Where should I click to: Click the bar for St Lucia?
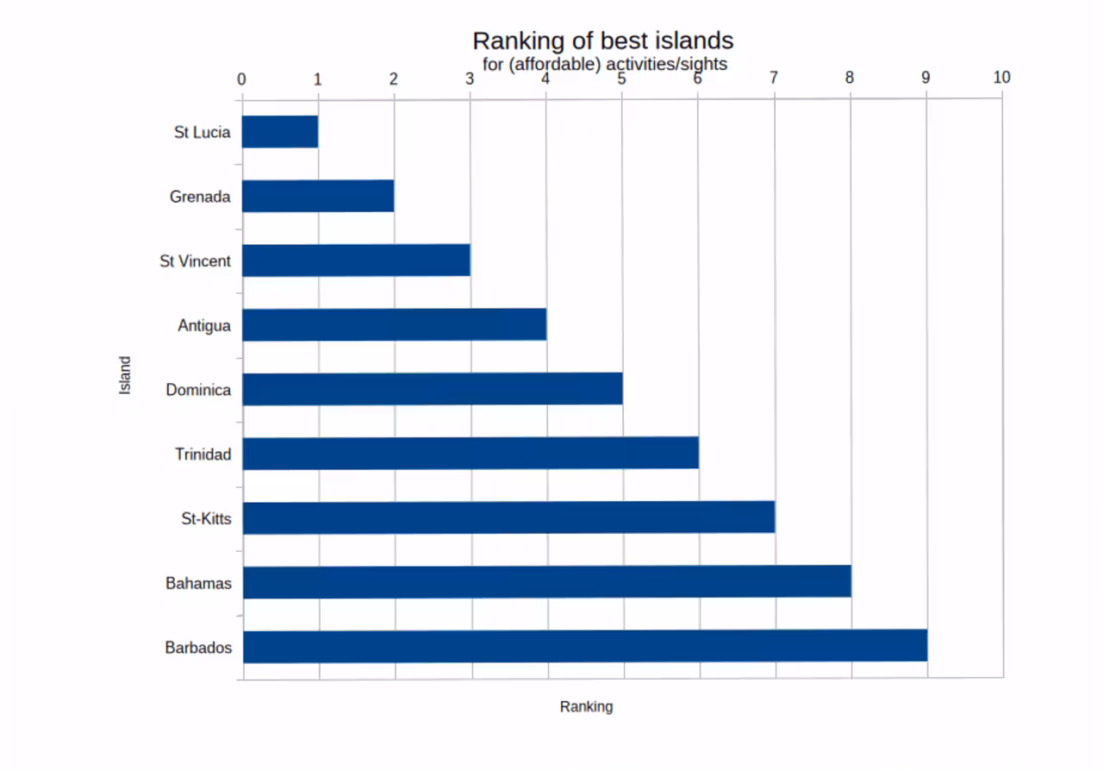point(280,132)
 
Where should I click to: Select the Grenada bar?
point(318,197)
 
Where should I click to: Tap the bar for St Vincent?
point(356,260)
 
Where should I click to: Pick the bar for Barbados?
point(585,646)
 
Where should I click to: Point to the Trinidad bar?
point(470,454)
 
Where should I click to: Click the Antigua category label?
point(204,326)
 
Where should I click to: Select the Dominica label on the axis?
point(198,390)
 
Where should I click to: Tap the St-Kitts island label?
point(206,519)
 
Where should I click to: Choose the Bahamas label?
point(198,584)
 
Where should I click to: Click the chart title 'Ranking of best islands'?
point(602,41)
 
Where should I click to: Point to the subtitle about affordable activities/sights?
point(604,64)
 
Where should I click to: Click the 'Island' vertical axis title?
point(126,375)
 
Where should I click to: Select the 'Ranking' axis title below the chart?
point(586,706)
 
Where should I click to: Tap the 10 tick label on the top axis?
point(1001,78)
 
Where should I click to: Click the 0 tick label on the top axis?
point(241,79)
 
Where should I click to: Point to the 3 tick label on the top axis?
point(470,78)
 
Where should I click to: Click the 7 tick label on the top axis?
point(774,78)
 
